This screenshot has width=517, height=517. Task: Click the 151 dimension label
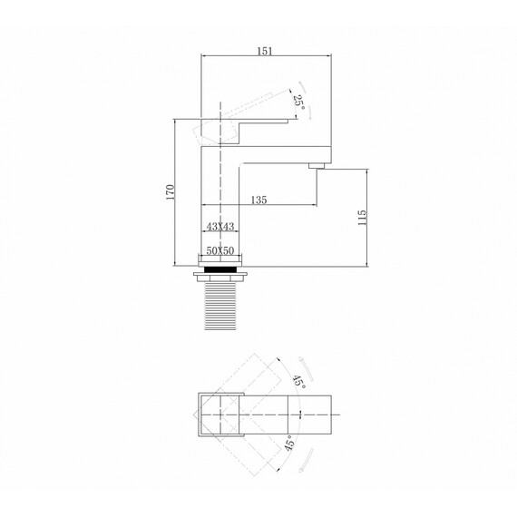click(x=265, y=51)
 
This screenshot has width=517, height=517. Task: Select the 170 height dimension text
click(x=171, y=192)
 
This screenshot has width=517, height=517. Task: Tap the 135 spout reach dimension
click(x=258, y=200)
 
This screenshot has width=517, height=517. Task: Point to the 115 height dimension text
click(x=362, y=218)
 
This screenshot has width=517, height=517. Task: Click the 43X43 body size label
click(x=220, y=227)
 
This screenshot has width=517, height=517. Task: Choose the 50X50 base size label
click(x=220, y=251)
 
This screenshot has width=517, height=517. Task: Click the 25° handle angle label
click(x=298, y=102)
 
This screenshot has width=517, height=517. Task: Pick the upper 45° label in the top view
click(x=298, y=382)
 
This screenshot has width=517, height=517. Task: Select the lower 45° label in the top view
click(x=288, y=444)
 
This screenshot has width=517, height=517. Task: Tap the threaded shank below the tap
click(x=220, y=306)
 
